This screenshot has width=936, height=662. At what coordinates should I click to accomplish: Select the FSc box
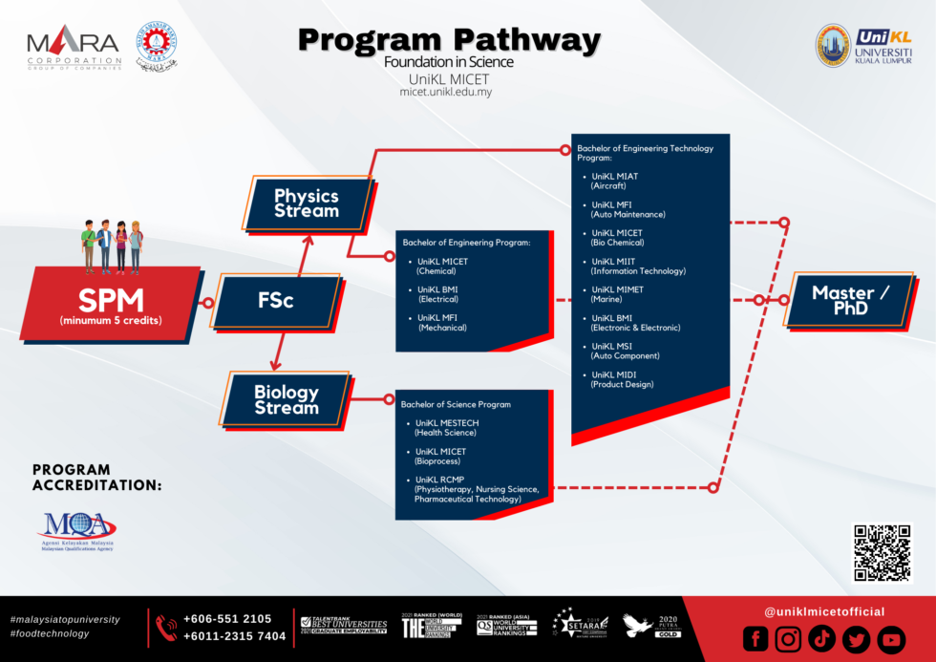276,302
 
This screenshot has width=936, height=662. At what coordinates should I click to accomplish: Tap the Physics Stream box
306,203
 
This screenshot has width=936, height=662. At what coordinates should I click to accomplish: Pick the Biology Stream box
286,399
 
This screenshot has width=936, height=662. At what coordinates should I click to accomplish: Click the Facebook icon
755,639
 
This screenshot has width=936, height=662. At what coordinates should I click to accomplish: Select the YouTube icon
890,639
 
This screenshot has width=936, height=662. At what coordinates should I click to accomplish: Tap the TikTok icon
821,639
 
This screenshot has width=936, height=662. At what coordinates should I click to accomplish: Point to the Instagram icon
788,639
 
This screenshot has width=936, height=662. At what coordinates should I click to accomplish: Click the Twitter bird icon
856,639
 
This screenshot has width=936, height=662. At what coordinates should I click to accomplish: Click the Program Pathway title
449,41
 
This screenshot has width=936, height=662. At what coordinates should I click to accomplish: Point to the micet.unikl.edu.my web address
446,92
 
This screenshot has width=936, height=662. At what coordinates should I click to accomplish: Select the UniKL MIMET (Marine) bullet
617,294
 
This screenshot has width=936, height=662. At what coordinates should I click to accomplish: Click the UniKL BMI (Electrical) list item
439,294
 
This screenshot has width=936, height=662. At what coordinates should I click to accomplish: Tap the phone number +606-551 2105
227,618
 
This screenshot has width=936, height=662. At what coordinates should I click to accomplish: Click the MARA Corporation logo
74,48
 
